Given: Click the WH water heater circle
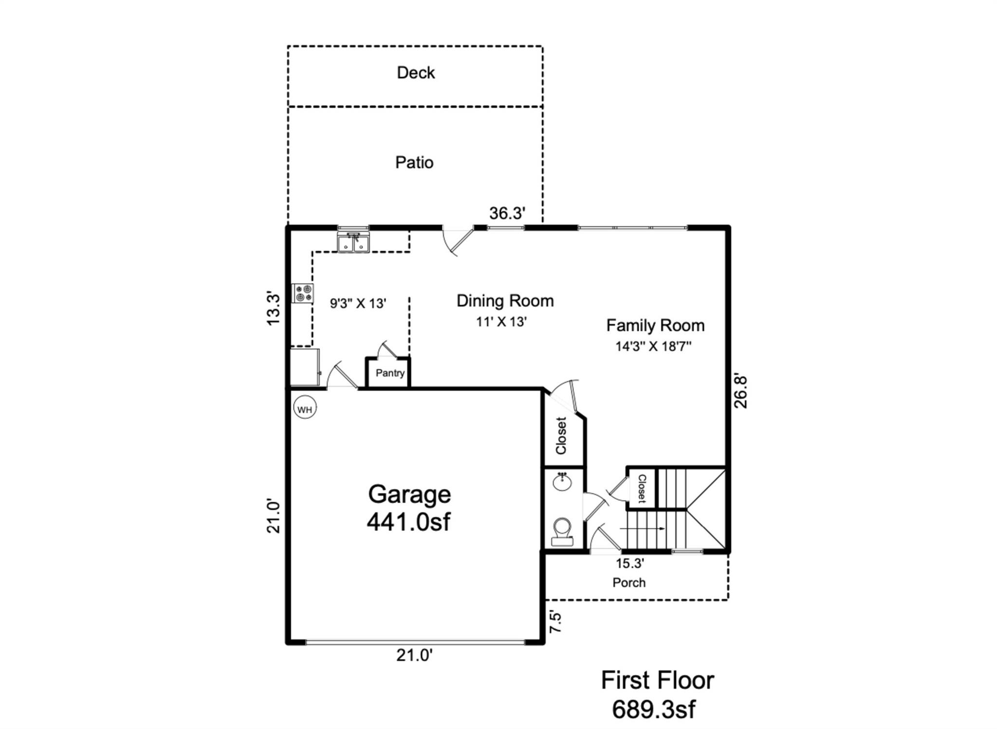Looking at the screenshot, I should pos(305,409).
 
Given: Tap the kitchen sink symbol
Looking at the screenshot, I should pos(353,242).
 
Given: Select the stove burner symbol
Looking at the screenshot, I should pos(302,293).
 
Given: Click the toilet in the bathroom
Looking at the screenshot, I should pos(562,531).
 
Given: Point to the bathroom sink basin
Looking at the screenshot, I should pos(563,482).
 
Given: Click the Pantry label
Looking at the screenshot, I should pos(389,373).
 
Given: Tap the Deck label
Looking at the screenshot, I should pos(415,73).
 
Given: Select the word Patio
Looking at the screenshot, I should pos(414,162).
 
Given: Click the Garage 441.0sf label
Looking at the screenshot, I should pos(409,508).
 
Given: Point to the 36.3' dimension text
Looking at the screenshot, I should pos(507,213).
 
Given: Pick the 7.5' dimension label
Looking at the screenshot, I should pos(555,621).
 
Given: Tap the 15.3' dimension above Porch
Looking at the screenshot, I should pos(629,564).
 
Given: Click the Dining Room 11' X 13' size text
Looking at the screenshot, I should pos(501,322).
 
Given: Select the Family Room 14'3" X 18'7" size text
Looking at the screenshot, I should pos(653,346).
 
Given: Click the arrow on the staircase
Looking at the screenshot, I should pos(643,529).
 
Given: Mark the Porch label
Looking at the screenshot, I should pos(629,583).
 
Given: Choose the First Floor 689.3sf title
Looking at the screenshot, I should pos(657,694).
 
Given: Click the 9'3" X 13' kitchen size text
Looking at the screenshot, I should pos(358,304).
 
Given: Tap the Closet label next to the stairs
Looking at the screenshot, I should pos(642,488).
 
